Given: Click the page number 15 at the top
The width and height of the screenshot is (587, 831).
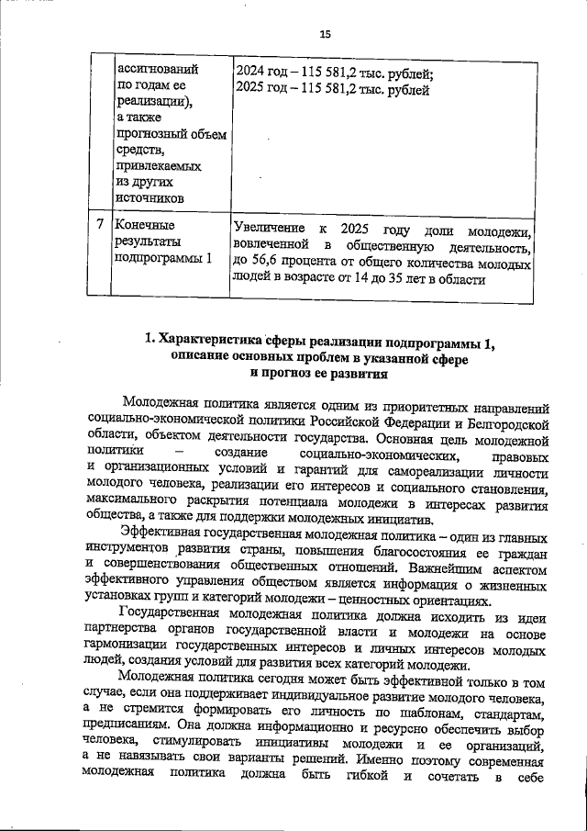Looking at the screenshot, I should coord(324,34).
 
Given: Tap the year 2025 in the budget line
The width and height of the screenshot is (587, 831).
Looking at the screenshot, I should coord(251,90).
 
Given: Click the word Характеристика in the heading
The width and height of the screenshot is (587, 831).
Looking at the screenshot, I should coord(216,343).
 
